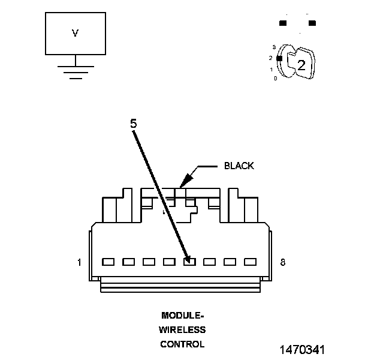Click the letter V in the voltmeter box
[76, 34]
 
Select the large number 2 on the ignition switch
[301, 65]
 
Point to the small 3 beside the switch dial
[273, 47]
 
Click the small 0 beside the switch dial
[275, 79]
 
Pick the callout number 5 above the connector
[133, 123]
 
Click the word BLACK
[239, 166]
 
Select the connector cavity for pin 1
[108, 262]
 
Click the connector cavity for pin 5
[189, 262]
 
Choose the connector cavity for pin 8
[251, 262]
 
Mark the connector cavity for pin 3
[149, 262]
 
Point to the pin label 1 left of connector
[79, 262]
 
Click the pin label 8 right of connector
[282, 262]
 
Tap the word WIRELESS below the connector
[182, 329]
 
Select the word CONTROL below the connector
[182, 344]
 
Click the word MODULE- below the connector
[182, 315]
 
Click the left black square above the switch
[283, 23]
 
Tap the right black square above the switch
[312, 23]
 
